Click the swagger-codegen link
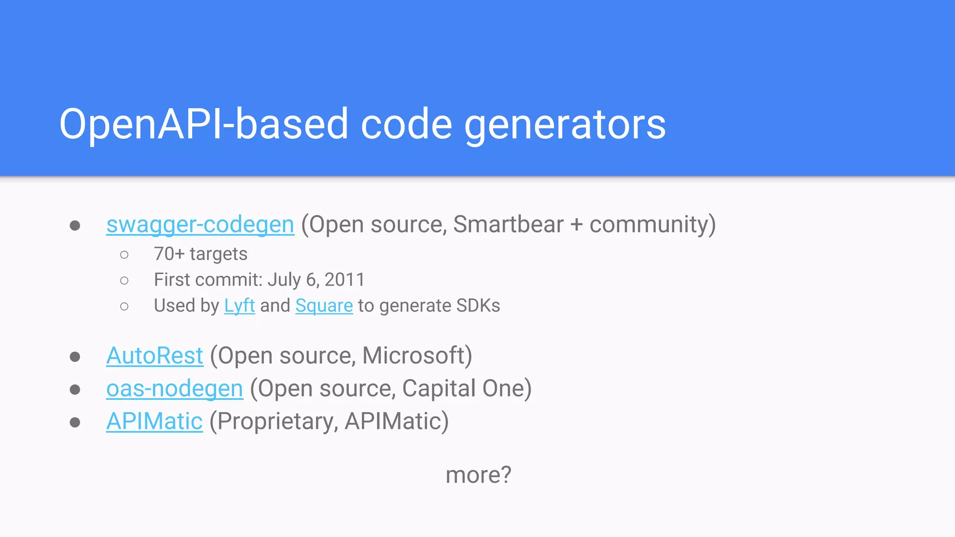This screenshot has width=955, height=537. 200,225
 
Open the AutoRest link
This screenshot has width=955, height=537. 154,356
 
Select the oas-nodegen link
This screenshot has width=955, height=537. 174,389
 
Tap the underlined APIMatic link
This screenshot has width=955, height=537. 154,421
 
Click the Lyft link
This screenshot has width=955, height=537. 239,306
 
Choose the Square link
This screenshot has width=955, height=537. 324,306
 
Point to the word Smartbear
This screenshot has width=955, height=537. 508,225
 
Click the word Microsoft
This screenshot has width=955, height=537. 414,356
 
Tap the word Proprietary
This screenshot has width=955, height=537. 275,421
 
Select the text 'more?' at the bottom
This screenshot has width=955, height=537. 478,475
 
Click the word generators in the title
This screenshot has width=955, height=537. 565,124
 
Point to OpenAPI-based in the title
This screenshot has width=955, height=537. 203,124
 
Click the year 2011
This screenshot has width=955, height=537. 345,280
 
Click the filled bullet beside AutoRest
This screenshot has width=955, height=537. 75,357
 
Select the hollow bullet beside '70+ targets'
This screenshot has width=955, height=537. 124,255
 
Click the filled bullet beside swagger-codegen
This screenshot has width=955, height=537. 75,226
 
